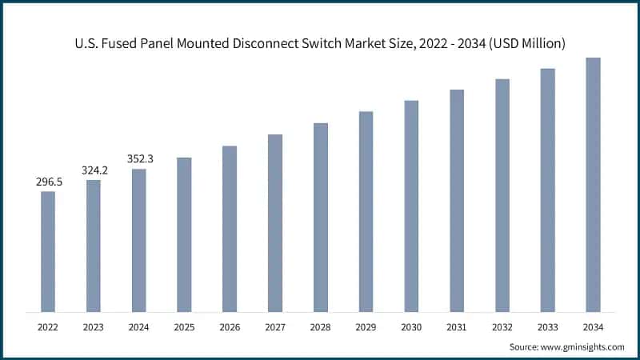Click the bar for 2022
pos(48,251)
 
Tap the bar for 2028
pos(320,217)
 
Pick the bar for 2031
pos(457,200)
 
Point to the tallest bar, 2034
pos(593,184)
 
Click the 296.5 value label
pos(48,182)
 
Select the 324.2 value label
pos(94,171)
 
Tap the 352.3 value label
pos(139,159)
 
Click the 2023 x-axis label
pos(94,327)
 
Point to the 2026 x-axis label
pos(230,327)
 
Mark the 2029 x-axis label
pos(366,327)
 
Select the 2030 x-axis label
pos(411,327)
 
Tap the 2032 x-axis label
pos(502,327)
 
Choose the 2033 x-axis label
pos(547,327)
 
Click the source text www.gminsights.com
pos(584,346)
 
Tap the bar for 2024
pos(139,240)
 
